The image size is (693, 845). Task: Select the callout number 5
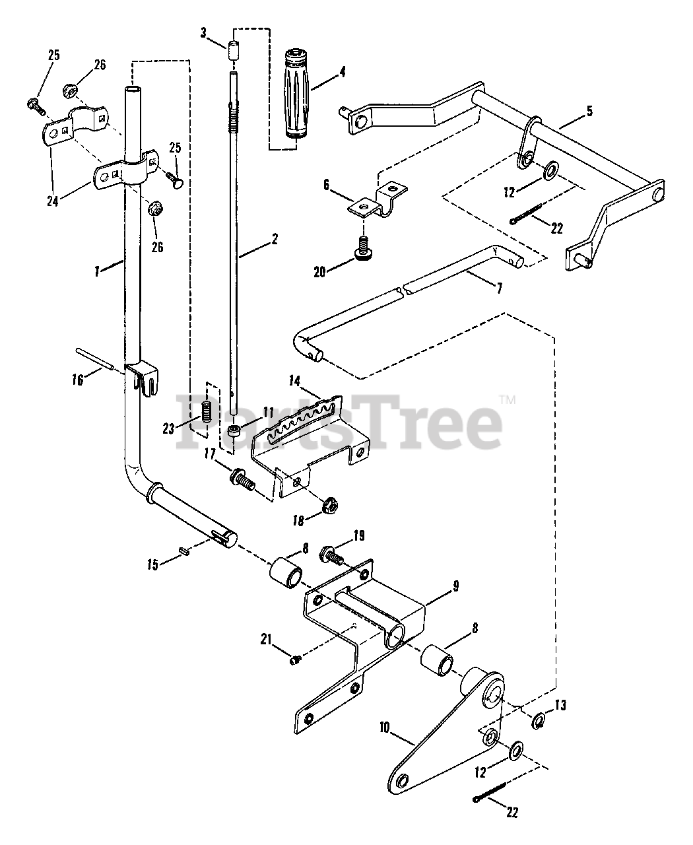(x=589, y=111)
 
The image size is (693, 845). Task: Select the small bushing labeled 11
(x=234, y=432)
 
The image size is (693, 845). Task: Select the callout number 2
(x=273, y=239)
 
